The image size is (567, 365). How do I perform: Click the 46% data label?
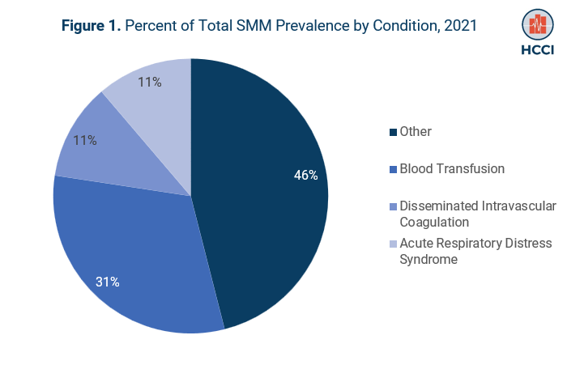(305, 175)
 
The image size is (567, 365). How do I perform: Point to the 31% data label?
(108, 282)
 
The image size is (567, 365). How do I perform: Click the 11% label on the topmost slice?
(150, 82)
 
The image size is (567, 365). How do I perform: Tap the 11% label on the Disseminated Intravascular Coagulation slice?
(85, 140)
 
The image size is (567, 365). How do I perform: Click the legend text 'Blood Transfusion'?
(452, 169)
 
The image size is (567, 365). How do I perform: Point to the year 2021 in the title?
(458, 26)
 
